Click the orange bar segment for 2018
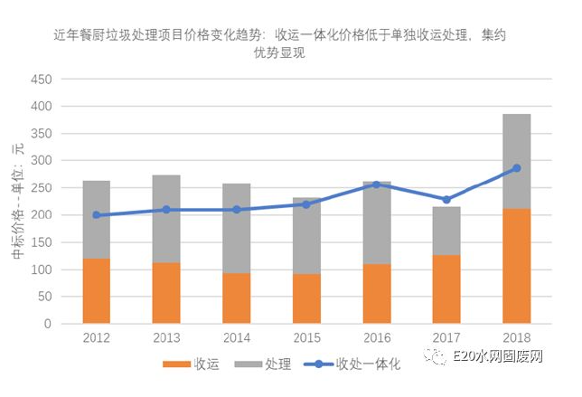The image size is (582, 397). [x=516, y=266]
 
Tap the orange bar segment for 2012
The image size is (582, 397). [x=96, y=290]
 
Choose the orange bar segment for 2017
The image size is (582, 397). [x=446, y=289]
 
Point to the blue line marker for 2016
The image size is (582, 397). [x=376, y=184]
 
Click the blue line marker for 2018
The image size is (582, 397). [x=516, y=168]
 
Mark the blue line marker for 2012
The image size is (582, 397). [x=96, y=215]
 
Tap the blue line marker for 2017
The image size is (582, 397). [x=446, y=199]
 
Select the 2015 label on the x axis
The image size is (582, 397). [x=305, y=337]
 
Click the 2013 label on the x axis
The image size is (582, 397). [x=166, y=337]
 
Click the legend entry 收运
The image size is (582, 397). [x=195, y=364]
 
